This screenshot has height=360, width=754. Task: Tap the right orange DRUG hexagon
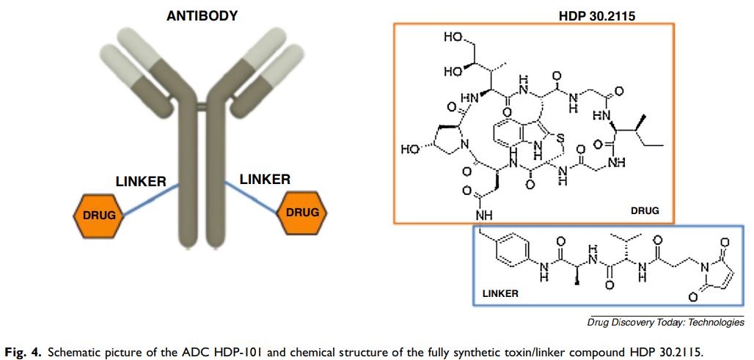tap(302, 212)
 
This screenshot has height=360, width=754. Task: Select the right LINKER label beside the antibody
tap(265, 179)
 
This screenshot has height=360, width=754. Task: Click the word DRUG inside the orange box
tap(645, 210)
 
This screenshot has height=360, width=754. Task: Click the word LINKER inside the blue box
tap(500, 293)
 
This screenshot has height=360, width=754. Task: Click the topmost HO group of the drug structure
tap(453, 37)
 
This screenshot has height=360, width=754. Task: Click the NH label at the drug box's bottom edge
tap(483, 216)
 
